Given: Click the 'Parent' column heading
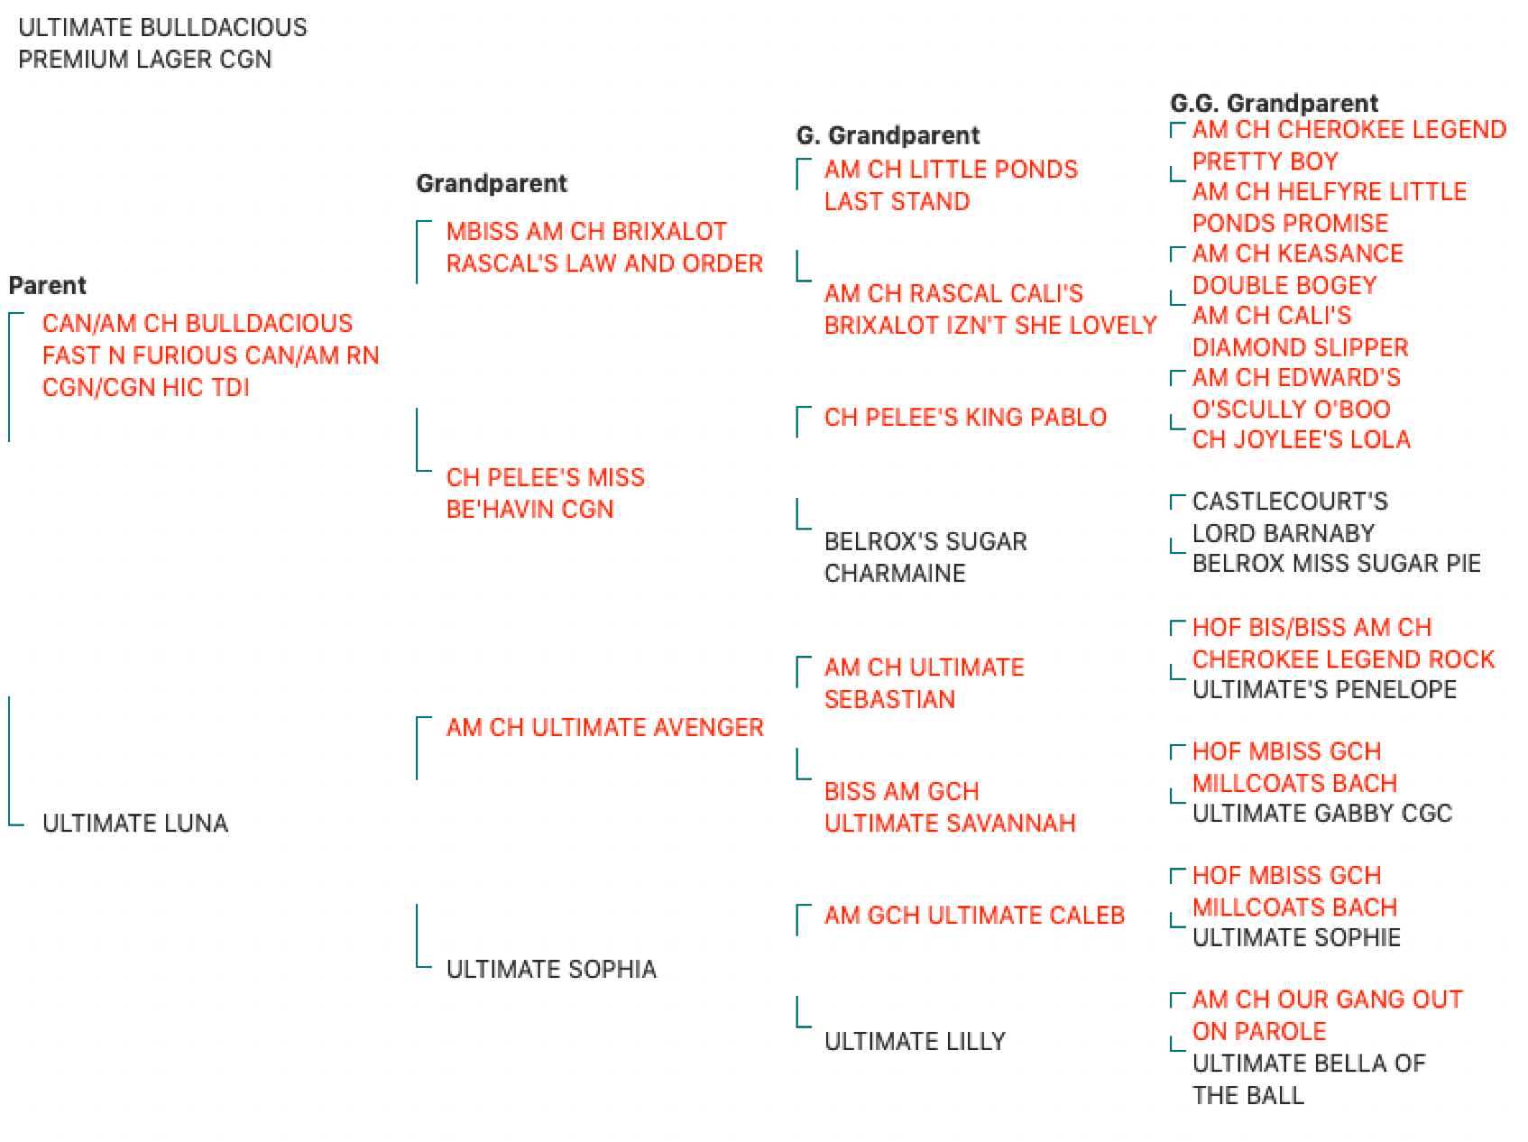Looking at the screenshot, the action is click(x=48, y=285).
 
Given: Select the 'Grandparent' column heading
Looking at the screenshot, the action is click(x=492, y=183).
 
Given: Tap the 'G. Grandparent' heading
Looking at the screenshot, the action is click(x=888, y=135).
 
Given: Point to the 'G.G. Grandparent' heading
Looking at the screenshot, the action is click(x=1274, y=103).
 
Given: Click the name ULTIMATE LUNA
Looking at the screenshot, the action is click(x=135, y=823).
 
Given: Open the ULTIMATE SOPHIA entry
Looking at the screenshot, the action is click(x=551, y=969).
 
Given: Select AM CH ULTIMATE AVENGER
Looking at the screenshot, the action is click(x=604, y=727).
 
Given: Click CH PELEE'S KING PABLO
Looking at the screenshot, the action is click(x=965, y=417).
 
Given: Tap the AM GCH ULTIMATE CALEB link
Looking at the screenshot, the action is click(x=974, y=915).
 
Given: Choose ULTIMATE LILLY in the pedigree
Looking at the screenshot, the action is click(x=915, y=1041).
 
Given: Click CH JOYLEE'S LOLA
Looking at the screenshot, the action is click(x=1301, y=439).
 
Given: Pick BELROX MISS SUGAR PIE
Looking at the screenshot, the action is click(x=1336, y=563).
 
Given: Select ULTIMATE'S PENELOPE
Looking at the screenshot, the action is click(x=1324, y=689).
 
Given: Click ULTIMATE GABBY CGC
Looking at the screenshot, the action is click(x=1322, y=813).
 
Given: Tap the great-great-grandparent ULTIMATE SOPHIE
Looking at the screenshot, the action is click(x=1296, y=937).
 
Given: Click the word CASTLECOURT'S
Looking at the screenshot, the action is click(x=1290, y=501).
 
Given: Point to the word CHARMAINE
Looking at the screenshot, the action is click(x=895, y=573).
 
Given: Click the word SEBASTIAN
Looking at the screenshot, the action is click(x=889, y=699).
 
